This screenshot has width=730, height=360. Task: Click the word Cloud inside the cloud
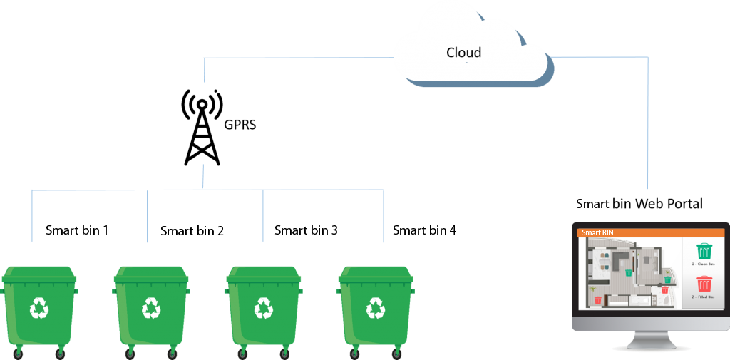[x=463, y=53]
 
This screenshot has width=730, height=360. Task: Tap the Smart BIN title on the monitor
[x=597, y=232]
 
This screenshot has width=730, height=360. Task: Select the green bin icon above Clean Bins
[x=704, y=252]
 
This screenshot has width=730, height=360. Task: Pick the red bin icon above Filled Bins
[x=704, y=284]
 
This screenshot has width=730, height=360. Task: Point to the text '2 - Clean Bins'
[x=704, y=264]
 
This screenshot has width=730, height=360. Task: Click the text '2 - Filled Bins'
[x=704, y=297]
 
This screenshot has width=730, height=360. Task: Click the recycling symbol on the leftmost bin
[x=39, y=309]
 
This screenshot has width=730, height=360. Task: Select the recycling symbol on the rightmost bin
[x=376, y=309]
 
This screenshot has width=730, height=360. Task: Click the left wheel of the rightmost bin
[x=354, y=352]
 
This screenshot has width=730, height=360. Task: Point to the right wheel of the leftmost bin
[x=60, y=352]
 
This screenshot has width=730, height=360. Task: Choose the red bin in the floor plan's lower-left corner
[x=597, y=300]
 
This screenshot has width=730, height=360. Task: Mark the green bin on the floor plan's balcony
[x=667, y=279]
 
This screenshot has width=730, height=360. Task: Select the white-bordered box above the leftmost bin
[x=70, y=230]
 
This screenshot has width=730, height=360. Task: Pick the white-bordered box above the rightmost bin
[x=431, y=230]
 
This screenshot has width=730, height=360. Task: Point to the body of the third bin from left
[x=263, y=314]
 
